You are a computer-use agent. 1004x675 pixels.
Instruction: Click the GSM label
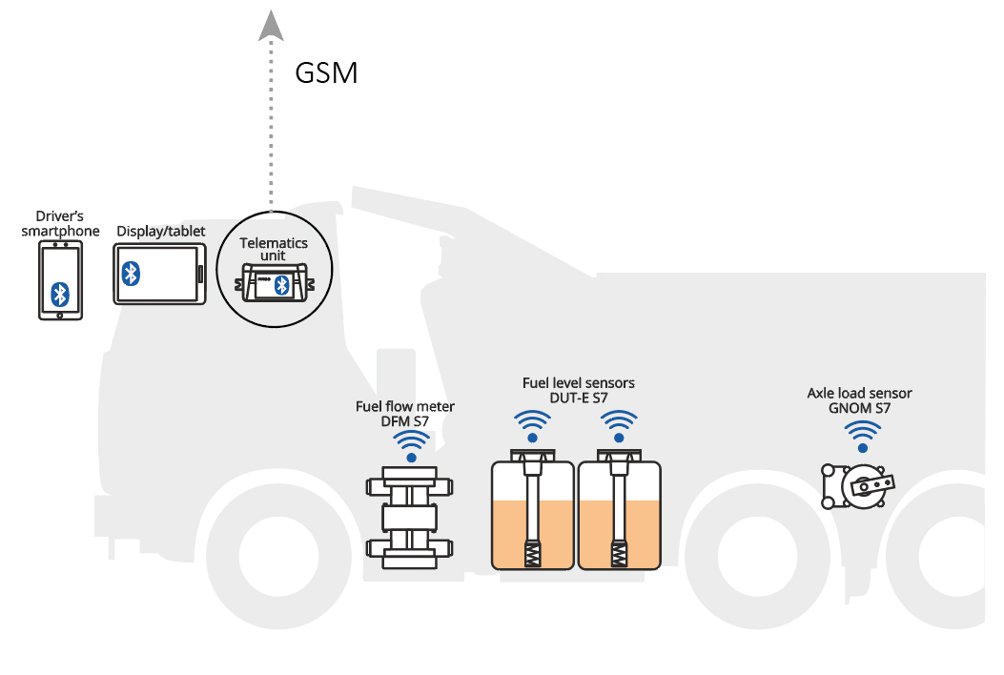326,73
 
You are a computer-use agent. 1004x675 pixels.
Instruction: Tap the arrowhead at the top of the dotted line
272,25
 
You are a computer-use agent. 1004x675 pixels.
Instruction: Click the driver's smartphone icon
60,279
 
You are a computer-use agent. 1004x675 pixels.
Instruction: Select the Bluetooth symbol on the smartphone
60,292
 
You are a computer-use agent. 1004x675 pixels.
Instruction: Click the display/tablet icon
159,275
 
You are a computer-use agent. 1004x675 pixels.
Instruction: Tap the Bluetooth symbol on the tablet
132,275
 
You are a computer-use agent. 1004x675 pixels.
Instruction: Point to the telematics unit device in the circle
274,284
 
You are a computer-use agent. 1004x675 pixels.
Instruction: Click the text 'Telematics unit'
274,249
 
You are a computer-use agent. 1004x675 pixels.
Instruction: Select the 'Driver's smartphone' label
60,225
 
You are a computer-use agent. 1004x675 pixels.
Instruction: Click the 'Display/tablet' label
159,232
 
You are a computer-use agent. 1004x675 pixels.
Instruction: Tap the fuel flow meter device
410,517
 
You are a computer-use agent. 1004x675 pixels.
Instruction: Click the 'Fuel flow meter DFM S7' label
405,413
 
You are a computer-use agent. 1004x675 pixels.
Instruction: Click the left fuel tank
532,515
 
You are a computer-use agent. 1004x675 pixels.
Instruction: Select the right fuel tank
620,515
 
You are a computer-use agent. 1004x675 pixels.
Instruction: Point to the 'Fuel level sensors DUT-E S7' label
578,390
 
